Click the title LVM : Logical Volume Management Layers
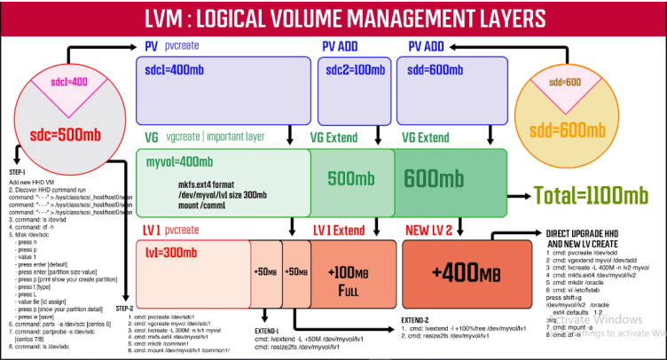point(333,18)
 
